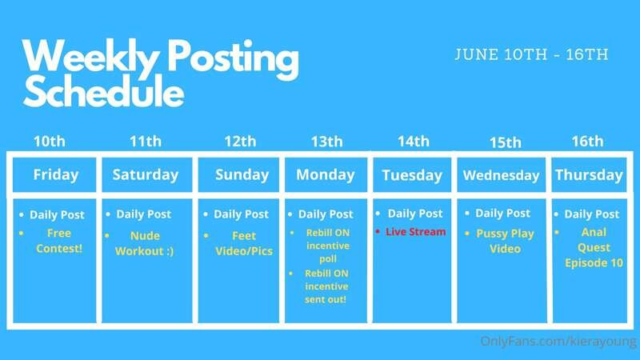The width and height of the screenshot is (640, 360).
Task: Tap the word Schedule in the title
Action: tap(104, 91)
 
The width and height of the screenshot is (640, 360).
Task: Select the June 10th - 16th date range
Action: tap(531, 54)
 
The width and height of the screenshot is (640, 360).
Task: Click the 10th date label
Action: tap(50, 142)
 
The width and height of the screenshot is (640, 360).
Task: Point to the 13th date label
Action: tap(326, 142)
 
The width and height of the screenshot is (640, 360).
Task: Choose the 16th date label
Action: tap(587, 142)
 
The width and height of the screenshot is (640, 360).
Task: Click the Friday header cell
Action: tap(54, 174)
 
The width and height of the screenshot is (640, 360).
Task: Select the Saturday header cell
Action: tap(147, 174)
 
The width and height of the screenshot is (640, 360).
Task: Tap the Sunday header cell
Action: tap(238, 174)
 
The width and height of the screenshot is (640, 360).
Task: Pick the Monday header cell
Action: tap(326, 174)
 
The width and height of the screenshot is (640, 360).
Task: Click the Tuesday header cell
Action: tap(412, 175)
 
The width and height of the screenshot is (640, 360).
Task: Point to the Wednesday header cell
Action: tap(502, 175)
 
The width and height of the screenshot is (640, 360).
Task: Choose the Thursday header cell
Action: tap(589, 175)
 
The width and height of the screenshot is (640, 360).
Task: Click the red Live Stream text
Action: tap(415, 232)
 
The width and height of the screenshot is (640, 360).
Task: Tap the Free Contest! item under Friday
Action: tap(59, 241)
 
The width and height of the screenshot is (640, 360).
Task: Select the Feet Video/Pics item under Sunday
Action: tap(244, 243)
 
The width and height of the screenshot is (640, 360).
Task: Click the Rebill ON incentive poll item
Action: tap(328, 246)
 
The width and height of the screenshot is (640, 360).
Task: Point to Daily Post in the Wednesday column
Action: tap(503, 213)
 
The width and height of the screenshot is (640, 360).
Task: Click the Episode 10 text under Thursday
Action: tap(594, 263)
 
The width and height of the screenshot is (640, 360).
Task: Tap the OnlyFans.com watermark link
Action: tap(558, 342)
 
